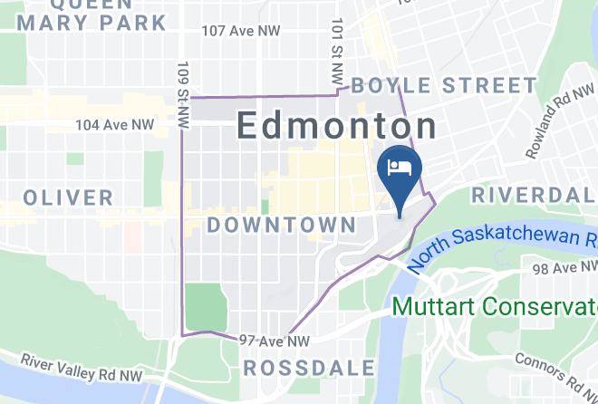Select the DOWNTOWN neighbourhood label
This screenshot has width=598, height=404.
(x=281, y=224)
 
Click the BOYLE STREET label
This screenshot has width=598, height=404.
(x=443, y=86)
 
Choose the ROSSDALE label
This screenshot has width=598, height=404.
(x=309, y=367)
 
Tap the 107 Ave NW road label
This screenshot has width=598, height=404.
(x=241, y=31)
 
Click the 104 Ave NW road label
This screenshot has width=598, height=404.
(x=114, y=123)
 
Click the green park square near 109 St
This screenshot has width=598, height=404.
(x=207, y=306)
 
